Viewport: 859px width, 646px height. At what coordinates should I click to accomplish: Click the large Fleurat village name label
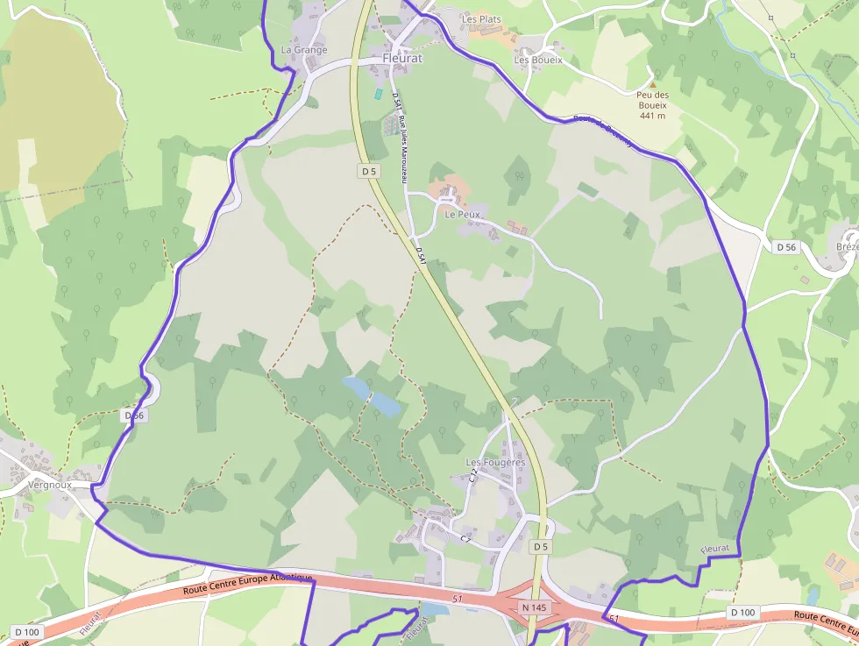(x=402, y=59)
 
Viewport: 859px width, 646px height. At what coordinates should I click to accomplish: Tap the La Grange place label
(x=304, y=50)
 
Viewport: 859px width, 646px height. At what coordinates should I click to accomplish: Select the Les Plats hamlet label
(x=481, y=18)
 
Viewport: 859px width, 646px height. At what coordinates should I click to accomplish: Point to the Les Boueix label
(x=538, y=60)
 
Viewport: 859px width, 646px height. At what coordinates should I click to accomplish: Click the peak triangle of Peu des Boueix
(x=651, y=84)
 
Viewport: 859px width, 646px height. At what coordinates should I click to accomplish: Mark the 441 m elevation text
(x=652, y=116)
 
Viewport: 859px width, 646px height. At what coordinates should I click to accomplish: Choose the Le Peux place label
(x=462, y=214)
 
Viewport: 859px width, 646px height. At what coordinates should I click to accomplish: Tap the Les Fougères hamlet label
(x=495, y=462)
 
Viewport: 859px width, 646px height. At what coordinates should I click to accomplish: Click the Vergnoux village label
(x=50, y=484)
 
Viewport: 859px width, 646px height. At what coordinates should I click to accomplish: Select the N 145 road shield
(x=533, y=607)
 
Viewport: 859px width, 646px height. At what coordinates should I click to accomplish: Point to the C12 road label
(x=474, y=476)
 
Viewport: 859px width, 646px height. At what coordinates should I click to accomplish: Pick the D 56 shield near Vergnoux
(x=133, y=415)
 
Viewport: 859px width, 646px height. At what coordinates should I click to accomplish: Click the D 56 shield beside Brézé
(x=786, y=247)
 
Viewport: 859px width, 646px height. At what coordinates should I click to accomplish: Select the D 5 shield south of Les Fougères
(x=541, y=547)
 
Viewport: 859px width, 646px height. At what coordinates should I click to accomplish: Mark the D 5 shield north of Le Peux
(x=369, y=172)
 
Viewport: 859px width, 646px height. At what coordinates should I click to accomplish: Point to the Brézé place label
(x=848, y=247)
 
